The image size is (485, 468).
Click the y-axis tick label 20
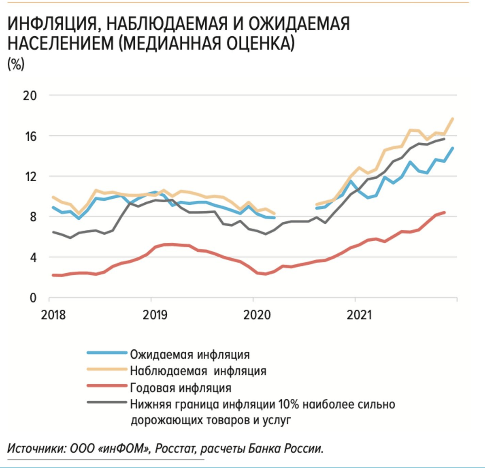click(30, 96)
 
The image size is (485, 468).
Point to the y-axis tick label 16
click(31, 137)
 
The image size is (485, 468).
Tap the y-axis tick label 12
click(31, 177)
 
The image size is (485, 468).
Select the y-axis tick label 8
click(33, 217)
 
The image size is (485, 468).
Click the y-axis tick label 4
click(33, 258)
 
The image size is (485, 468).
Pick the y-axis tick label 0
click(33, 298)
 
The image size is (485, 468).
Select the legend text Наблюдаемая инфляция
click(198, 371)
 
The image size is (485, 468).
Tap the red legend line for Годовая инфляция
click(107, 386)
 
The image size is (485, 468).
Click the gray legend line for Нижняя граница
click(107, 402)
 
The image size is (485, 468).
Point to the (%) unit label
click(16, 64)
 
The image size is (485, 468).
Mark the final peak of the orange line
click(453, 119)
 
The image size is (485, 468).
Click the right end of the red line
click(444, 213)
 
